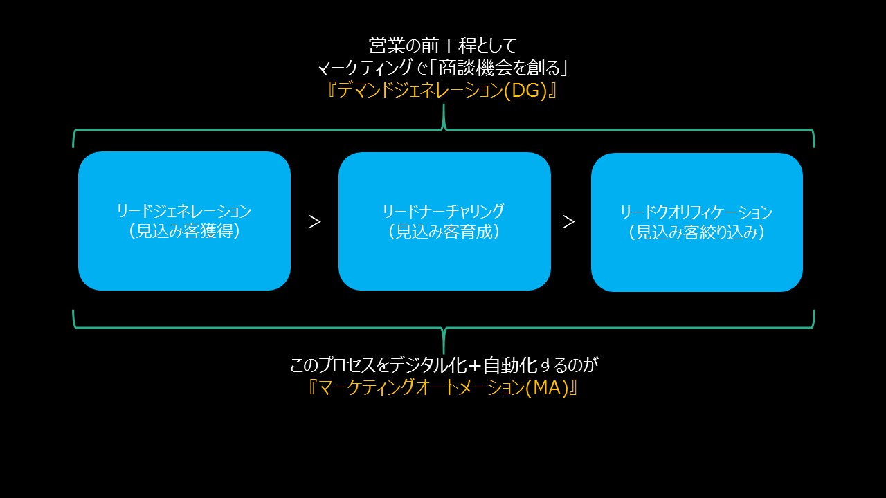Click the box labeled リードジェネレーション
[x=184, y=221]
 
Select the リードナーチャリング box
[x=444, y=221]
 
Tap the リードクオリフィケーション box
[x=697, y=222]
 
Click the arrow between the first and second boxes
[x=315, y=222]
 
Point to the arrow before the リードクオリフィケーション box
[x=569, y=222]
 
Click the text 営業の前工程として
[x=442, y=46]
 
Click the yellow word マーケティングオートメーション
[x=422, y=388]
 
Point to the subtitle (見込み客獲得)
[x=184, y=231]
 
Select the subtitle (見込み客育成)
[x=444, y=232]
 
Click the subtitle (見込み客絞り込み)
[x=696, y=232]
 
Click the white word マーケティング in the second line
[x=364, y=68]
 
